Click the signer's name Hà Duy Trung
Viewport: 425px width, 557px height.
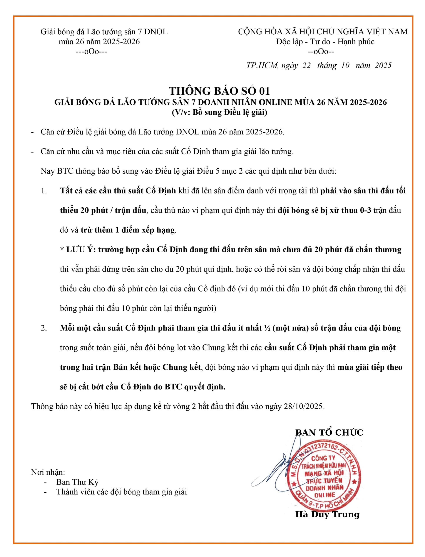click(327, 514)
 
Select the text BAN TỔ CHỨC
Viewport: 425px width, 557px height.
click(329, 433)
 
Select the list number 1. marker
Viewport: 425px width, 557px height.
click(44, 191)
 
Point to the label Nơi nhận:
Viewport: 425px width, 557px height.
click(48, 472)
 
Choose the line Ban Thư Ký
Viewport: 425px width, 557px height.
click(77, 482)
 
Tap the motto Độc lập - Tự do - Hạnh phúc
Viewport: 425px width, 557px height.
click(325, 42)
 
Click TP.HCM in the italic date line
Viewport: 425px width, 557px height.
click(262, 65)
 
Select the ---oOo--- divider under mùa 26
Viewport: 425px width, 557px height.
click(92, 52)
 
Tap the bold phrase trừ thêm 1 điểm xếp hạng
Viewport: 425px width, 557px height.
click(128, 230)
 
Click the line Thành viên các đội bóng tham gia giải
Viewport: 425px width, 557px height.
click(121, 492)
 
